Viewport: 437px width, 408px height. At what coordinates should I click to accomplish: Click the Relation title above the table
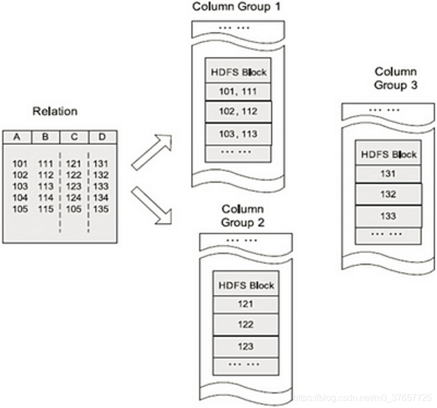(x=55, y=111)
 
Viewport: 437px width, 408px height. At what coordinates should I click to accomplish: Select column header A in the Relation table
(x=17, y=137)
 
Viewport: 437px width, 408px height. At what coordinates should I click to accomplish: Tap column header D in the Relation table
(x=102, y=137)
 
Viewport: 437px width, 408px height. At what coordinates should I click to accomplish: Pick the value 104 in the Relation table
(x=19, y=197)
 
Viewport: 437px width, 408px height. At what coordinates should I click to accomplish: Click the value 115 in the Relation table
(x=46, y=209)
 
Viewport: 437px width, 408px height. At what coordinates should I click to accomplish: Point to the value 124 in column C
(x=74, y=197)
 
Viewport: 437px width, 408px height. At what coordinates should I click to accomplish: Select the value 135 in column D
(x=101, y=209)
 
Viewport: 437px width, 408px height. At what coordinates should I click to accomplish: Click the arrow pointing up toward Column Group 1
(x=151, y=151)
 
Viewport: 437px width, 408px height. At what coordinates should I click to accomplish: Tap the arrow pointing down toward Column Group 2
(x=151, y=206)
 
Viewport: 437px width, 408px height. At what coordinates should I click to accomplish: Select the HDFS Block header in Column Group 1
(x=238, y=72)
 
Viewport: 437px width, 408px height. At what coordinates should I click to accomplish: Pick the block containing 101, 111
(x=238, y=91)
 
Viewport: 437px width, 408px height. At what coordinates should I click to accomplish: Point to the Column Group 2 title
(x=242, y=215)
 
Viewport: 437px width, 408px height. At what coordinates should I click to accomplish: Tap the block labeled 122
(x=245, y=324)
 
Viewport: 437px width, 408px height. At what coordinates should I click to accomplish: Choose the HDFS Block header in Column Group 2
(x=245, y=285)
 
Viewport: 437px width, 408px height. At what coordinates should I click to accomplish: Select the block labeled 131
(x=388, y=174)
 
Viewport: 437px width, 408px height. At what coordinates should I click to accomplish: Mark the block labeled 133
(x=388, y=216)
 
